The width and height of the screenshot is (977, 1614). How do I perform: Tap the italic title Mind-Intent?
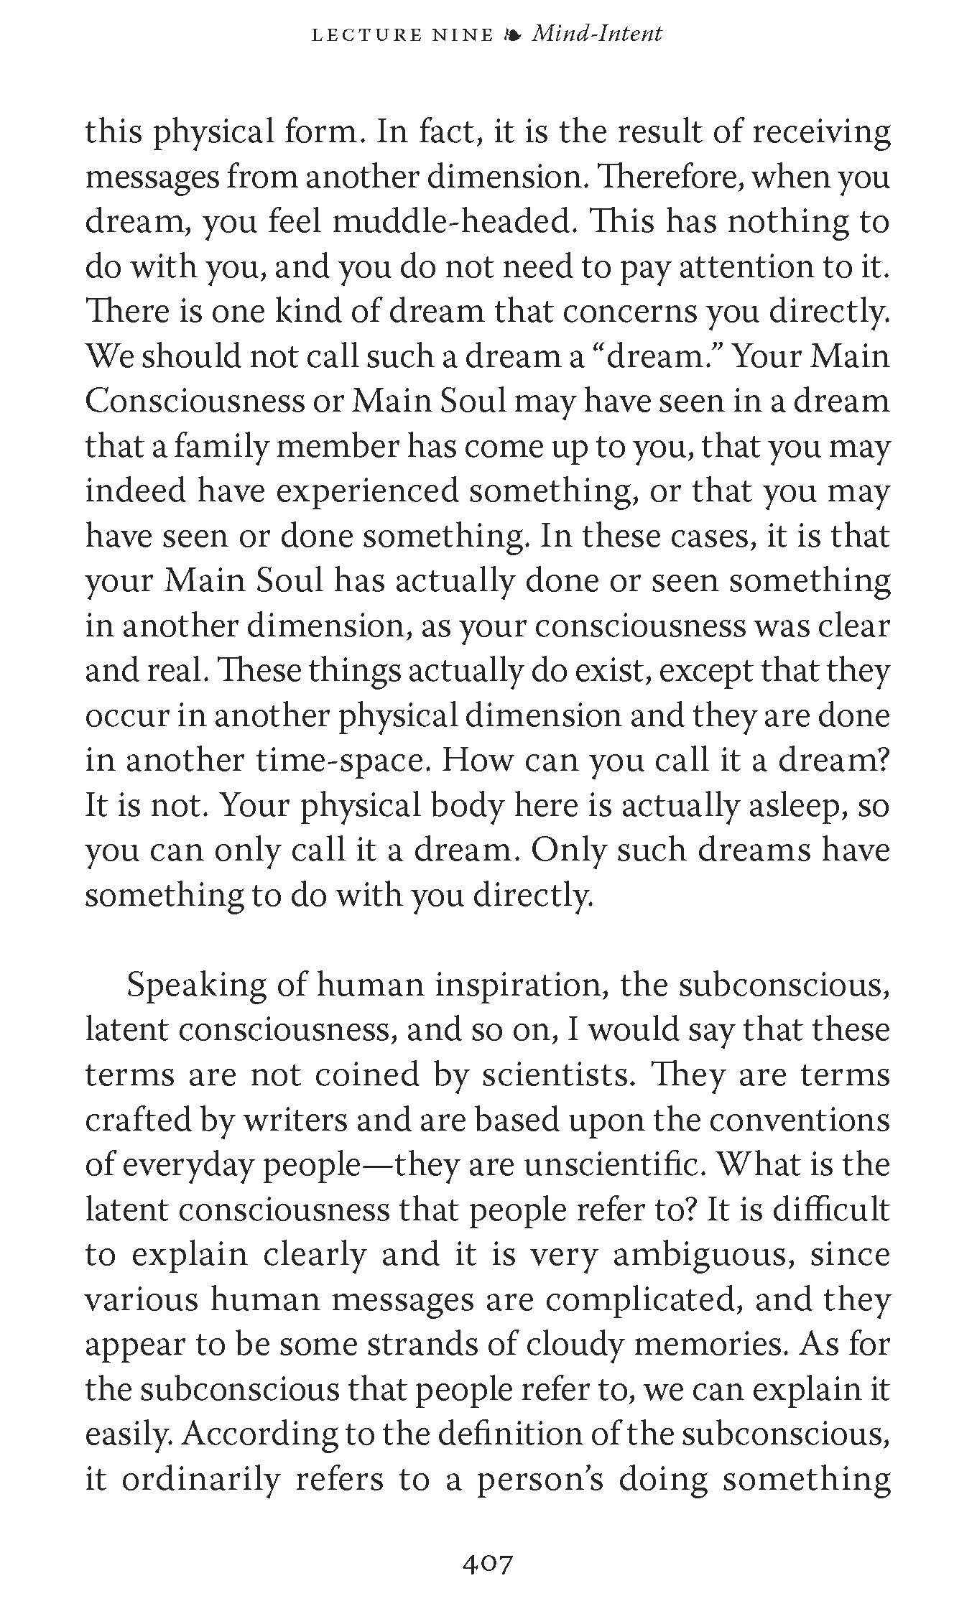click(596, 34)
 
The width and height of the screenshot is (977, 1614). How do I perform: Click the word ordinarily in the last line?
click(200, 1480)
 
